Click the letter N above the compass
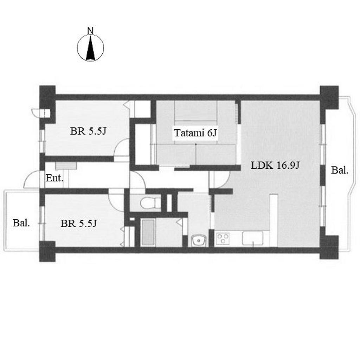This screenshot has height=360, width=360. (91, 31)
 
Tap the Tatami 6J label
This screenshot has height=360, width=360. (195, 133)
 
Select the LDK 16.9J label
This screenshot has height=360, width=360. (275, 165)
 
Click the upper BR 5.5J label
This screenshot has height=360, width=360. (88, 131)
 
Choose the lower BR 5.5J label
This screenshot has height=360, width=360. (78, 223)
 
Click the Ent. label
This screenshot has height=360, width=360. (54, 178)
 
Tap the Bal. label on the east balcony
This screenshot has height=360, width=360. (340, 171)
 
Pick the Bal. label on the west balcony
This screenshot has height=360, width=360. (21, 223)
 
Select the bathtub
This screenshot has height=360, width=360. (148, 232)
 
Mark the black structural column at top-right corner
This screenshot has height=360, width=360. (329, 97)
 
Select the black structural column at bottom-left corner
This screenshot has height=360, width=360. (47, 251)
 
